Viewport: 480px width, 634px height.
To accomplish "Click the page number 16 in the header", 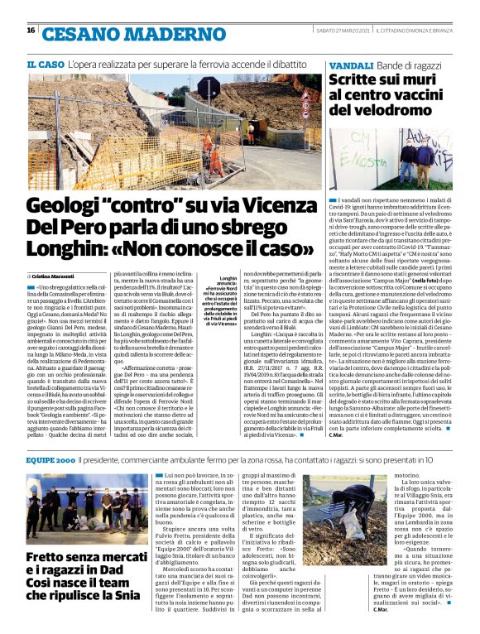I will [x=30, y=31].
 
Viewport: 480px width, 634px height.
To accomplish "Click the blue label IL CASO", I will [x=45, y=64].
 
